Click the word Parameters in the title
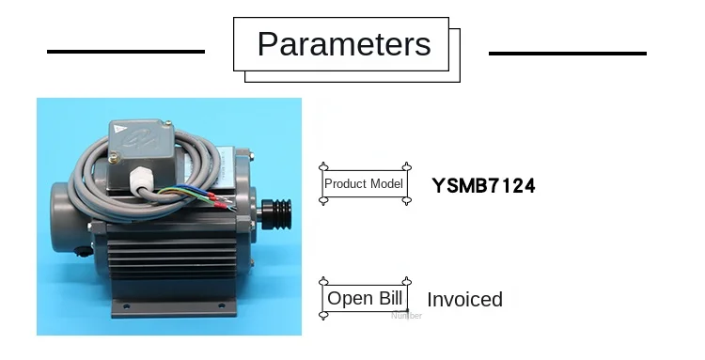[344, 44]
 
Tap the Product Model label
[363, 184]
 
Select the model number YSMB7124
[483, 185]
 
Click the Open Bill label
[365, 298]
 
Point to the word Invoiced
[464, 300]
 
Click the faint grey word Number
[406, 316]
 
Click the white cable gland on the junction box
[139, 179]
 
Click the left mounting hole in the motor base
[126, 306]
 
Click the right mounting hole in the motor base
[221, 306]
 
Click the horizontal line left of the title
[126, 52]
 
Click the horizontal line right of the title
[568, 53]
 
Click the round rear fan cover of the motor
[68, 218]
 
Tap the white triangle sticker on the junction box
[119, 129]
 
